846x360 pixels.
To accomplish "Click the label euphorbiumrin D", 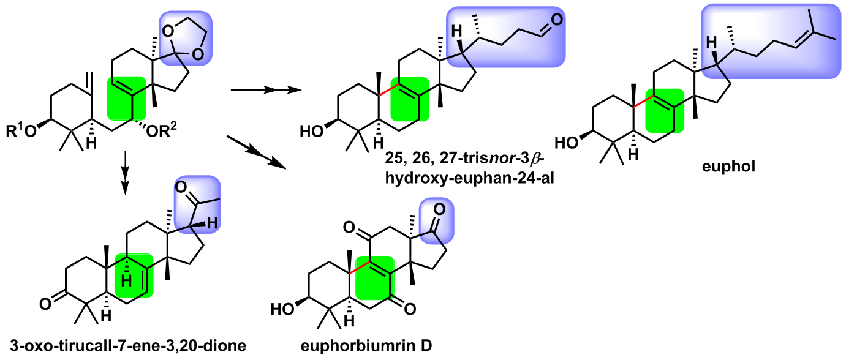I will (x=366, y=346).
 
